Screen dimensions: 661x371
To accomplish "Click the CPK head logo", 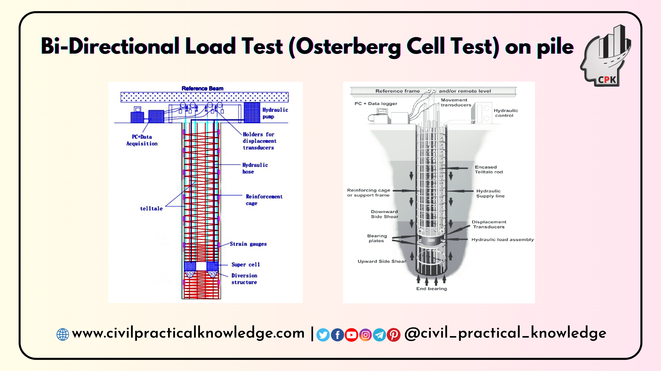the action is pos(606,56).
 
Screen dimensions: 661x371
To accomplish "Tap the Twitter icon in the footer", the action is pos(323,335).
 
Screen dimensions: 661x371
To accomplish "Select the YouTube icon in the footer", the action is pos(351,335).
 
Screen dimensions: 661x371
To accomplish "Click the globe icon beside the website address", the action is pos(63,335).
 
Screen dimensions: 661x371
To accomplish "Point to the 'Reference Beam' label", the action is pos(203,88).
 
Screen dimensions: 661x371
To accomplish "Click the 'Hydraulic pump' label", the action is pos(275,113).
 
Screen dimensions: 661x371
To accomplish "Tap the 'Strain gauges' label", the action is pos(248,244).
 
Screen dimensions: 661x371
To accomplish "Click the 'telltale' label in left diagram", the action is pos(151,209).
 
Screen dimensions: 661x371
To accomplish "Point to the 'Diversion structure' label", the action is pos(244,279).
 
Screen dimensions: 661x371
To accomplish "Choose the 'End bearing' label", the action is pos(432,289).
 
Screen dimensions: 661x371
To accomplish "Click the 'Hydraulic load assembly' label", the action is pos(502,239).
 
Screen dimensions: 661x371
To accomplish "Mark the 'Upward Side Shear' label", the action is pos(382,261).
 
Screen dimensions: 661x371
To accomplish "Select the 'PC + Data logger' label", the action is pos(376,104).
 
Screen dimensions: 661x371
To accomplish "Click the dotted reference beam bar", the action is pos(205,97).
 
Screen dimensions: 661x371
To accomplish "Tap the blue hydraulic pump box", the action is pos(252,112).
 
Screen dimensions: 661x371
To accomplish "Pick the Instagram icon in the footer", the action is pos(365,335).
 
